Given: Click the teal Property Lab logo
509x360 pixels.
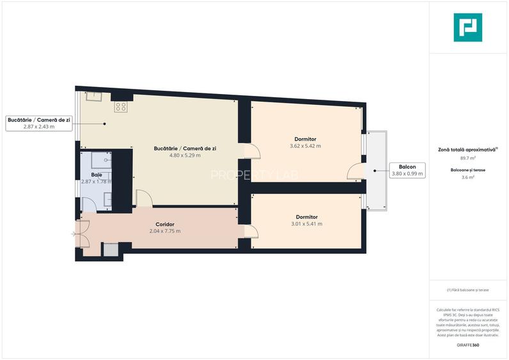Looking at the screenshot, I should pyautogui.click(x=467, y=27).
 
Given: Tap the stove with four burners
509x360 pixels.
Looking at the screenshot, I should pyautogui.click(x=121, y=107).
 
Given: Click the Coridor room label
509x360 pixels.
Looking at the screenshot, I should pyautogui.click(x=165, y=224).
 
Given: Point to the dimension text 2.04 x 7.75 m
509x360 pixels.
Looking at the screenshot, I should pyautogui.click(x=165, y=231).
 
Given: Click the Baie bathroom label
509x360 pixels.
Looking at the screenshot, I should pyautogui.click(x=97, y=175).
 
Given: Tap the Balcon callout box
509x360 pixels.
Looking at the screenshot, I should pyautogui.click(x=407, y=170).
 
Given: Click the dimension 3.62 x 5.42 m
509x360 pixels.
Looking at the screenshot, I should pyautogui.click(x=305, y=146).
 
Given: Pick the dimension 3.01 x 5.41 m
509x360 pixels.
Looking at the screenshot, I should pyautogui.click(x=306, y=224).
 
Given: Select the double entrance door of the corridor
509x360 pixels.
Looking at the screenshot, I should pyautogui.click(x=81, y=235).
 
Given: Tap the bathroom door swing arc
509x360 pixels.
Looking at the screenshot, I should pyautogui.click(x=90, y=205).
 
